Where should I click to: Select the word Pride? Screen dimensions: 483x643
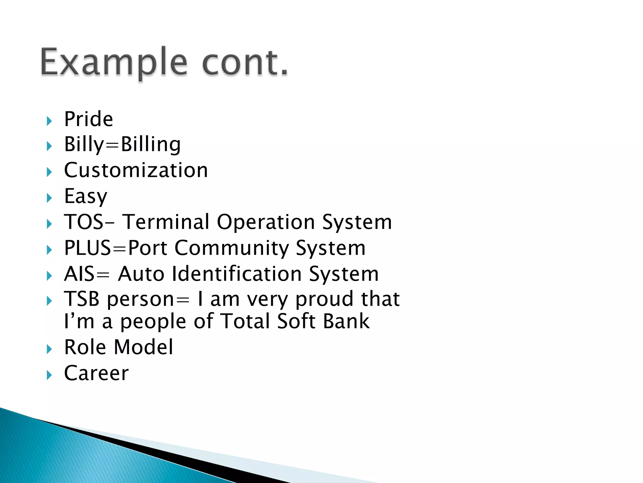(x=89, y=119)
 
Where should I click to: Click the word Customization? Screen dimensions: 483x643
(x=136, y=170)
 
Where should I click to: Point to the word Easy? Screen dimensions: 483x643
(x=86, y=197)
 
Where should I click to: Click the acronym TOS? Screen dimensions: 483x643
(x=84, y=222)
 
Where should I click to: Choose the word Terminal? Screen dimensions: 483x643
(x=165, y=222)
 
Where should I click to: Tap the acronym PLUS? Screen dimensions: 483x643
(x=87, y=248)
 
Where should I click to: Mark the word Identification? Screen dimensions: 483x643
(x=237, y=274)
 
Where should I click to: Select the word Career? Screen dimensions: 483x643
(x=96, y=373)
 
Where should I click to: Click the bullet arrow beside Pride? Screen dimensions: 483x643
(x=49, y=121)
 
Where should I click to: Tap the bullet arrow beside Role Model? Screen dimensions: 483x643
(x=49, y=349)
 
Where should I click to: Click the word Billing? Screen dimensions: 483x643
(x=151, y=145)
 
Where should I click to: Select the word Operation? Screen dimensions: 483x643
(x=266, y=222)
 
